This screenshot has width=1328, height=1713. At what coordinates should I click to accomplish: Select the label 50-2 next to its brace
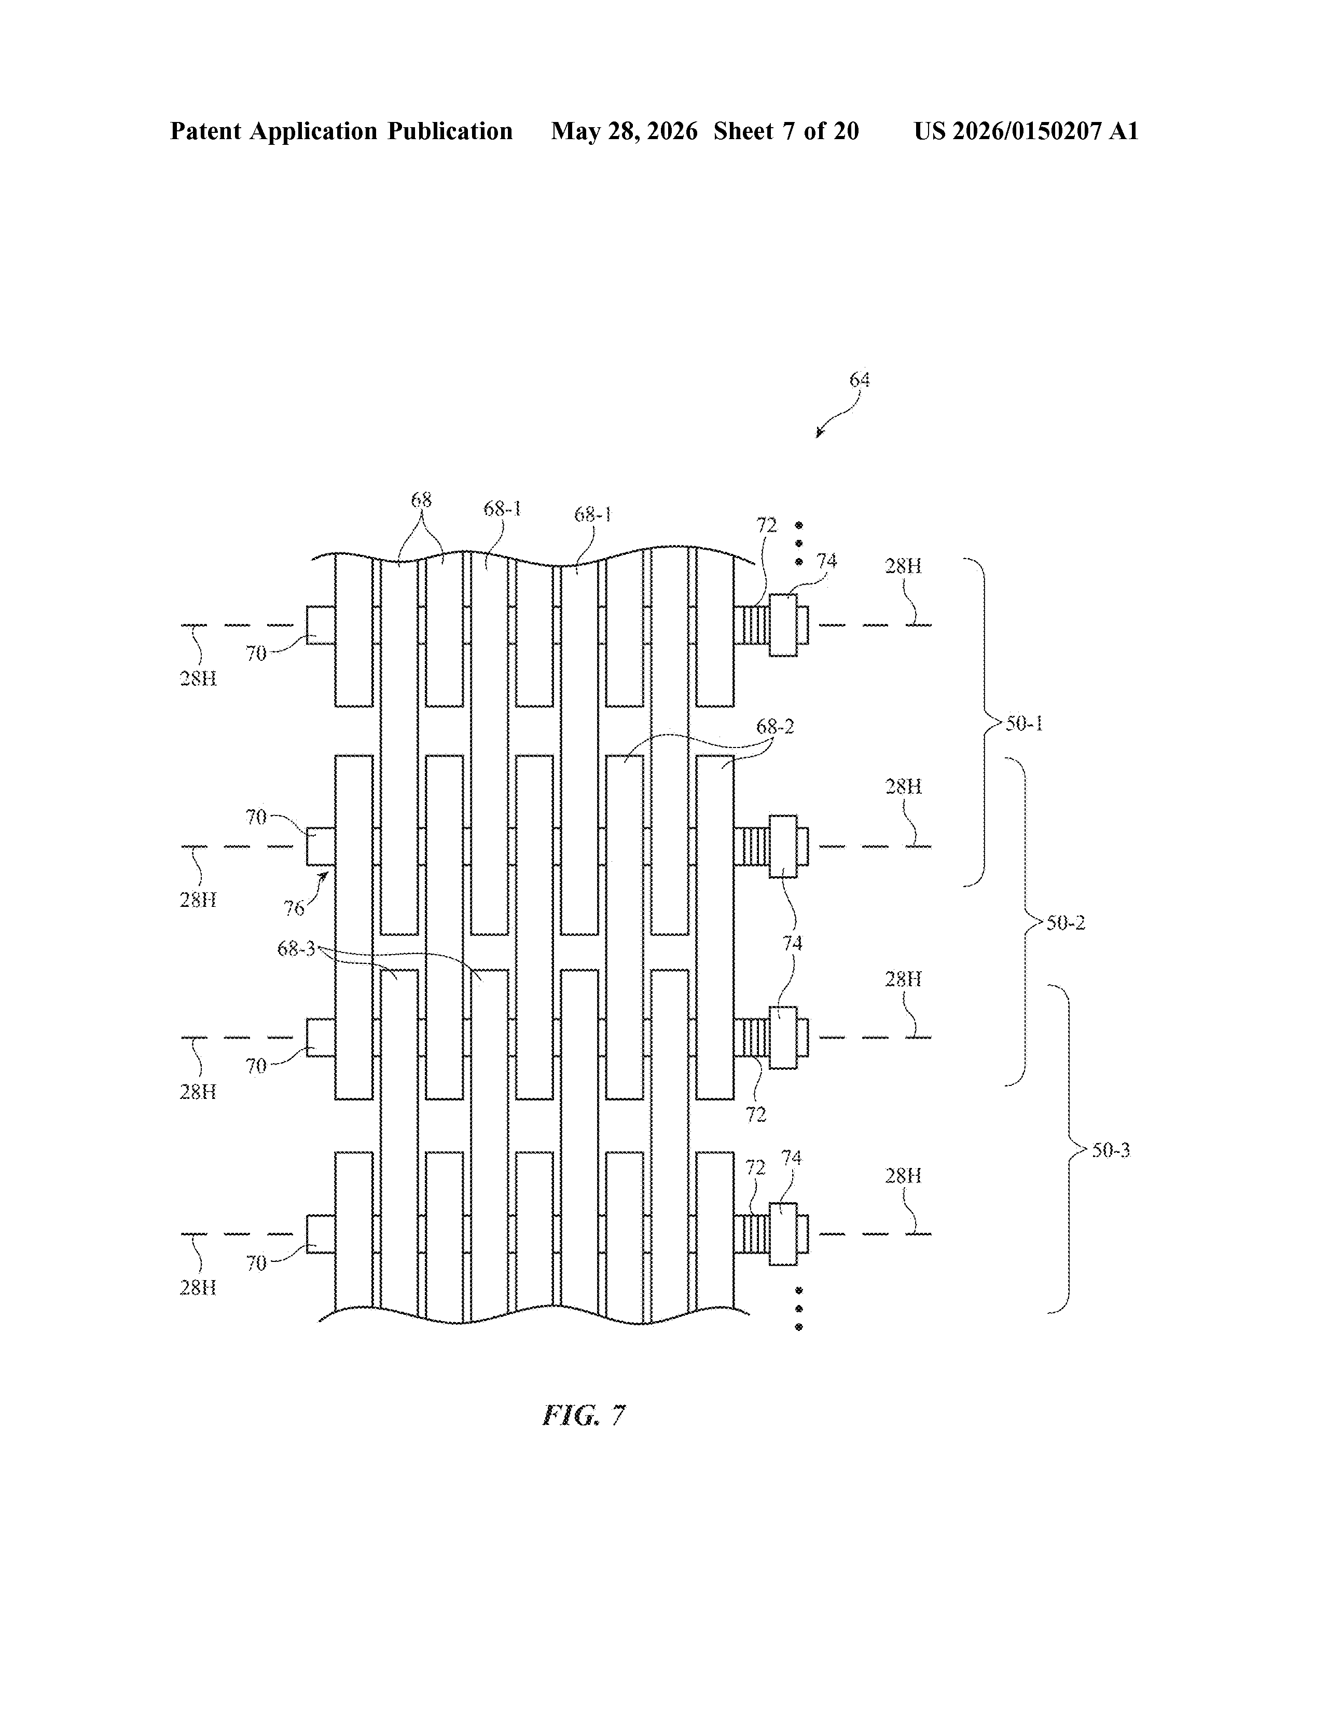pyautogui.click(x=1066, y=922)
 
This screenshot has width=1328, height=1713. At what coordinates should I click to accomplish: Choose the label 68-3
pyautogui.click(x=296, y=949)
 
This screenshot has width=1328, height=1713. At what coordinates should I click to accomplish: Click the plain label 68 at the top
pyautogui.click(x=421, y=499)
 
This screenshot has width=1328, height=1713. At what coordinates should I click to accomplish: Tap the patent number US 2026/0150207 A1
pyautogui.click(x=1026, y=131)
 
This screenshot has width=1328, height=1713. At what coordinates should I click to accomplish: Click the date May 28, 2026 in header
pyautogui.click(x=624, y=131)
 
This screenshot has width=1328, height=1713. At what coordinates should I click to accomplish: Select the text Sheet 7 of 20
pyautogui.click(x=786, y=131)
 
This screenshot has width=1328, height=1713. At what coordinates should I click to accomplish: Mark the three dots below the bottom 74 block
pyautogui.click(x=799, y=1308)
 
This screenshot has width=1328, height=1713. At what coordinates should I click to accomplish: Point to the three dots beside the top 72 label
pyautogui.click(x=799, y=543)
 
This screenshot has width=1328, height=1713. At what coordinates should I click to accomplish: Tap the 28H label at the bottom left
pyautogui.click(x=198, y=1288)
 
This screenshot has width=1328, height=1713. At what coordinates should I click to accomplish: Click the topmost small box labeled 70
pyautogui.click(x=321, y=625)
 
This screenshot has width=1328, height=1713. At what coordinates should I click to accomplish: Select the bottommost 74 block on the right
pyautogui.click(x=783, y=1234)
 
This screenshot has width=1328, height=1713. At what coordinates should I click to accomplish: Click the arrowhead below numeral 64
pyautogui.click(x=819, y=434)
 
